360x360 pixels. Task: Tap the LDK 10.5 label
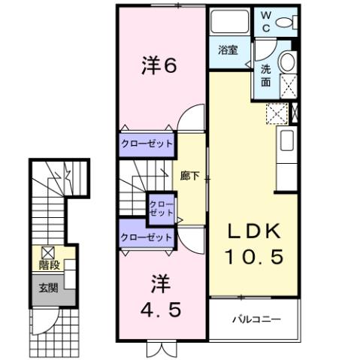pos(253,244)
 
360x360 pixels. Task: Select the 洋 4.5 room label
pos(159,296)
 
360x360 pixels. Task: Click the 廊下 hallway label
pos(189,177)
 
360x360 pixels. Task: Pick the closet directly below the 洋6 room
pos(147,144)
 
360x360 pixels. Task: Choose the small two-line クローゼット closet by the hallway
pos(161,207)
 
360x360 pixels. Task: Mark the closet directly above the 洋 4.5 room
pos(147,237)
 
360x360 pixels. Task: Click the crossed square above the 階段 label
pos(47,253)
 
